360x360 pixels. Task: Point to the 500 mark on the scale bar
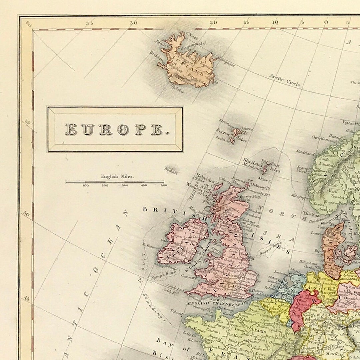[x=164, y=185]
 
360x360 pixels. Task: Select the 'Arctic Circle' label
[x=285, y=80]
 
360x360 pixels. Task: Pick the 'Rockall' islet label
[x=170, y=170]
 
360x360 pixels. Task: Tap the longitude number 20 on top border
[x=213, y=22]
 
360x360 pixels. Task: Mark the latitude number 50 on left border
[x=27, y=214]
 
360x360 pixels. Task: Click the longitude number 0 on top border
[x=326, y=22]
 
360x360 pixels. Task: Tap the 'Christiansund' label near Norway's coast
[x=322, y=137]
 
